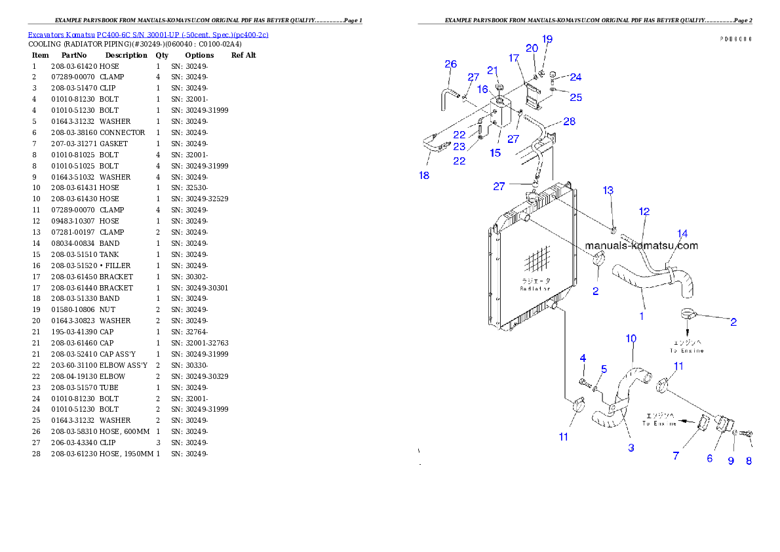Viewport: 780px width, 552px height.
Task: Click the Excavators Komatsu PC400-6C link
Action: [x=147, y=35]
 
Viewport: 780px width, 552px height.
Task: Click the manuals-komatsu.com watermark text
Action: [x=641, y=246]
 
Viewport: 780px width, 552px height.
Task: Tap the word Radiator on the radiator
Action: [x=535, y=288]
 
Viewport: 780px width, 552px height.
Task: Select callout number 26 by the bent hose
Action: [x=450, y=64]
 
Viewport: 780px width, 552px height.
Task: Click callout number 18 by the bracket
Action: [x=424, y=176]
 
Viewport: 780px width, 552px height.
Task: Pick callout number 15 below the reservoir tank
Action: [x=495, y=153]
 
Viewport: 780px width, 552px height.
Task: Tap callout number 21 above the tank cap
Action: [x=492, y=71]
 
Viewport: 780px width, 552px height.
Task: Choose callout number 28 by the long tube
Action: [x=569, y=122]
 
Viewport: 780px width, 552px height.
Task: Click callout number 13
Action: [x=608, y=191]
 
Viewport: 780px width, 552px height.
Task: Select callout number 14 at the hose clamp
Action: [x=682, y=233]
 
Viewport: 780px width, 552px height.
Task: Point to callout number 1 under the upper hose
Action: [x=641, y=316]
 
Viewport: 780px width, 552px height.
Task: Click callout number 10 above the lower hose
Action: [x=631, y=339]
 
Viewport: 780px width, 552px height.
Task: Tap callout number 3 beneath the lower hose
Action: [x=631, y=448]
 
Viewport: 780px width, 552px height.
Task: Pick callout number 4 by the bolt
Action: [x=582, y=358]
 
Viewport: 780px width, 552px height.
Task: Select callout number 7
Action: [x=676, y=456]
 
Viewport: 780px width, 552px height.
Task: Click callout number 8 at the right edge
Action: [x=749, y=460]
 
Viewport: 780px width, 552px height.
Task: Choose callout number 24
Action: [x=575, y=77]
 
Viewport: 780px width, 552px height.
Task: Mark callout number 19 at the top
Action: [x=547, y=39]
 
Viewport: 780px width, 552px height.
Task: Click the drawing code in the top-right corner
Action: [x=735, y=39]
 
